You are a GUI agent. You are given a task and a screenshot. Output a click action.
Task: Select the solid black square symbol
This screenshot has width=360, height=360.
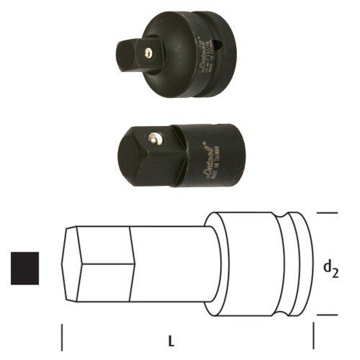tap(25, 268)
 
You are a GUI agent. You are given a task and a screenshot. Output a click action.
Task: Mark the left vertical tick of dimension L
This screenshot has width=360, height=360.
tap(62, 337)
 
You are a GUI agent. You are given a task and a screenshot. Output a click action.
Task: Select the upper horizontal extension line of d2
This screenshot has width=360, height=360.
tap(327, 213)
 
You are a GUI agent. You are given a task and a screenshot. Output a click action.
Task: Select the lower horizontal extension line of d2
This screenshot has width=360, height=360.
tap(327, 315)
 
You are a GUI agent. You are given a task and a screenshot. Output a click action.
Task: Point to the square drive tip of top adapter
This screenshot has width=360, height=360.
tap(124, 53)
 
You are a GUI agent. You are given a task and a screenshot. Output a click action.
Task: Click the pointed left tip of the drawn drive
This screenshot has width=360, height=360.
tap(62, 264)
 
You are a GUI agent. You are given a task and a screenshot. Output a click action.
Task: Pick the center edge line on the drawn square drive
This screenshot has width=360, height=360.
tap(107, 264)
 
